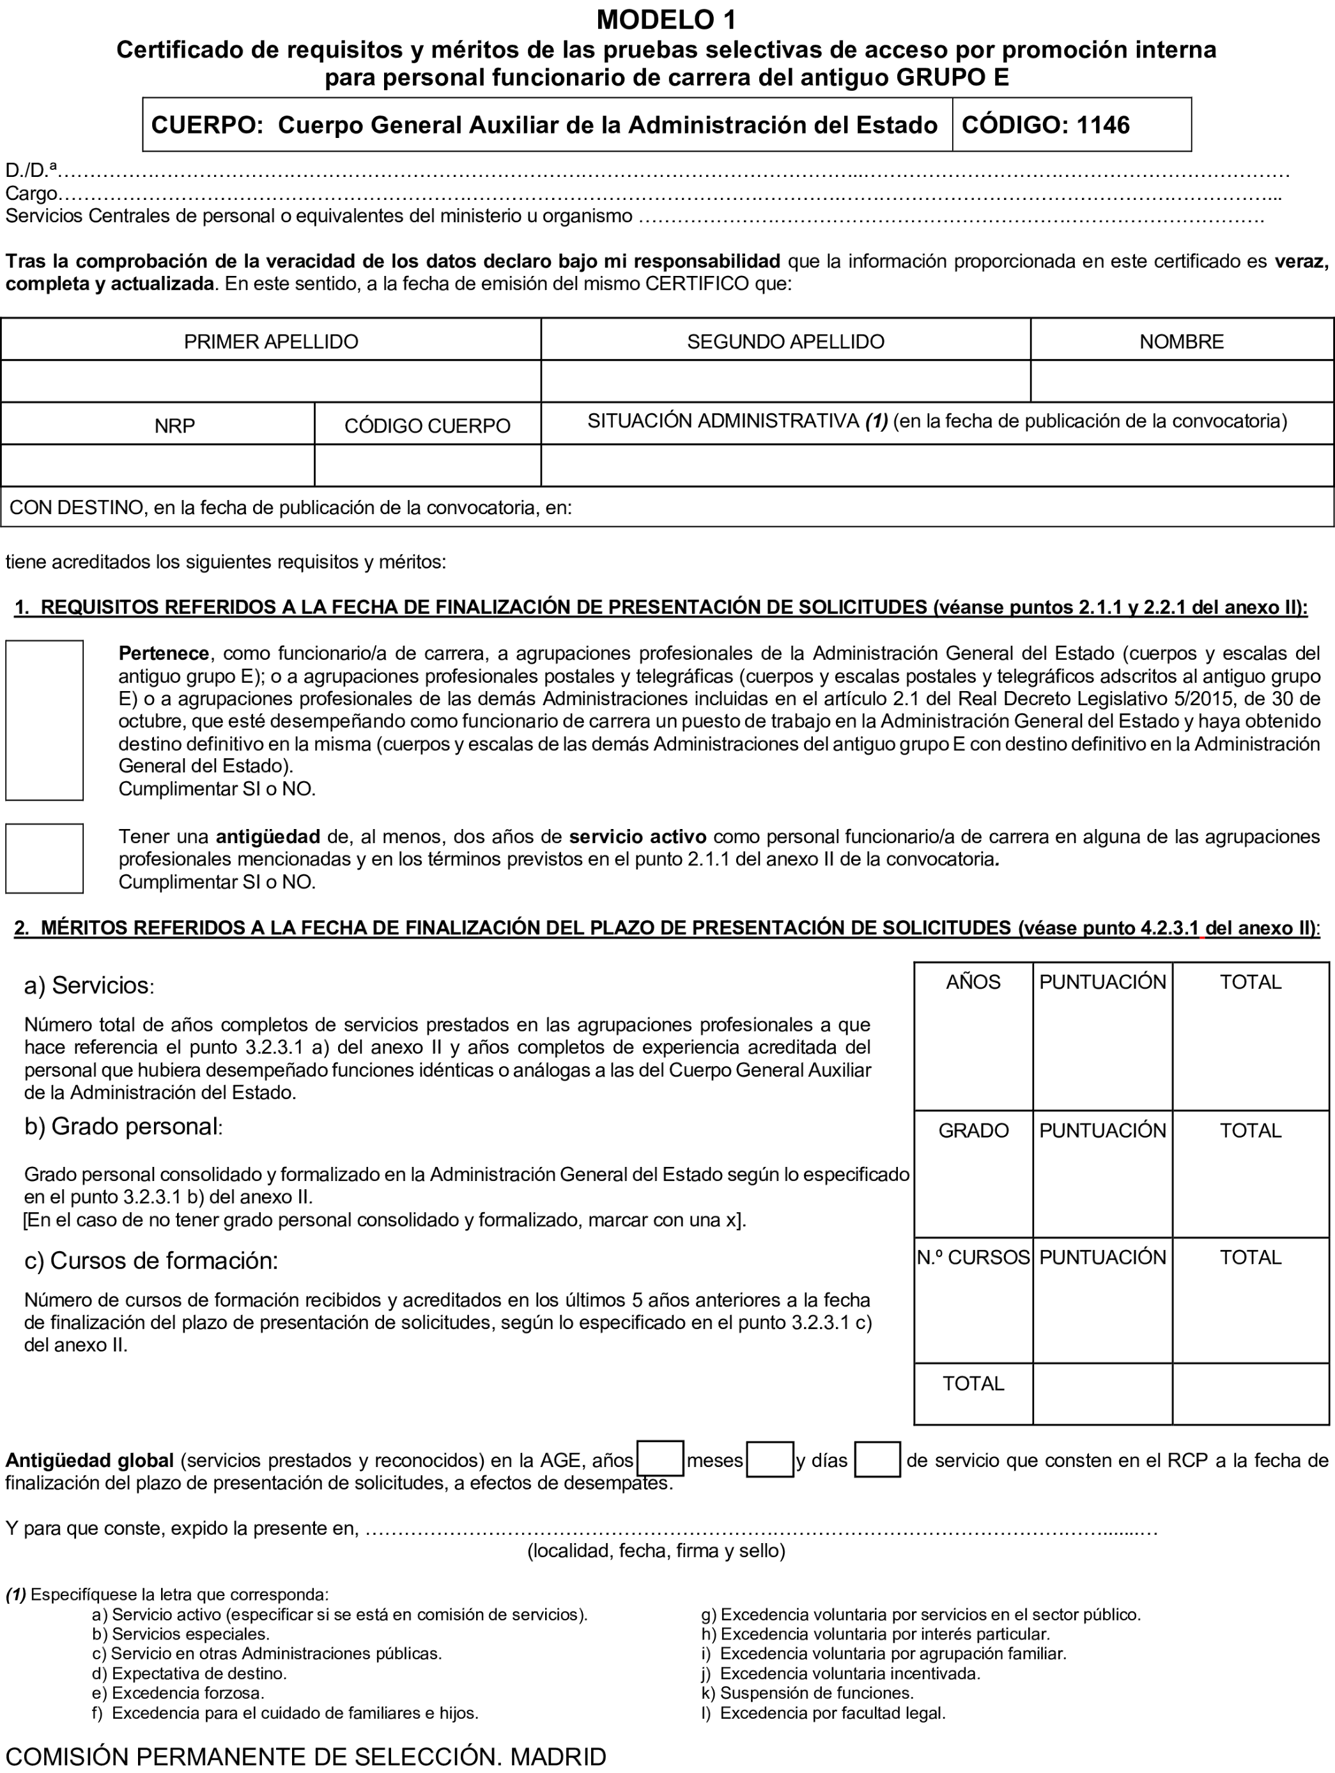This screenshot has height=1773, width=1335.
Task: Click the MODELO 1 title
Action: [x=667, y=19]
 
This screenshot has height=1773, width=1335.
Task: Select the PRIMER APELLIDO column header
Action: [x=270, y=342]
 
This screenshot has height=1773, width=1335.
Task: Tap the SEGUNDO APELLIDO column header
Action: [x=785, y=342]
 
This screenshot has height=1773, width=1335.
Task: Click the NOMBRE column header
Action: [x=1181, y=342]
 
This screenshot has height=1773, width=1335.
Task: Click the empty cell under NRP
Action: [x=157, y=466]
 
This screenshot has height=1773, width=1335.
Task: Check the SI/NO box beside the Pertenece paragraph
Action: [x=44, y=720]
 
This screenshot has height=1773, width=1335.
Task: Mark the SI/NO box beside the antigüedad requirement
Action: [x=44, y=858]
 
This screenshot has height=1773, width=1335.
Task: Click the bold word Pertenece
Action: [x=164, y=653]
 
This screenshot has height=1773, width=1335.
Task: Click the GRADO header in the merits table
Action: [x=973, y=1131]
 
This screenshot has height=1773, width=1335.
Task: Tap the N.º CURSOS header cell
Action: [x=973, y=1258]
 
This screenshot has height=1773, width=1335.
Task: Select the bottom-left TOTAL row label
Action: [x=973, y=1383]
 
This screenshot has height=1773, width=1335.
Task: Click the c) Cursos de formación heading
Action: [x=151, y=1261]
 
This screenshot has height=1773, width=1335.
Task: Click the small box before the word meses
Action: [x=660, y=1459]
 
